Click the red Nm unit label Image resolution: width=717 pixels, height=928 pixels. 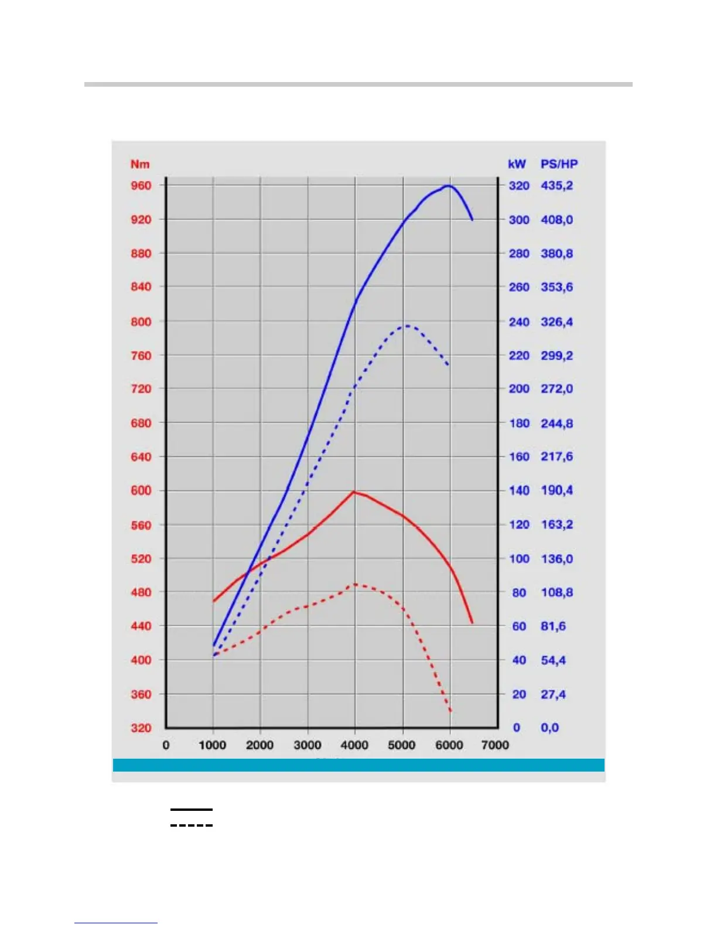coord(140,164)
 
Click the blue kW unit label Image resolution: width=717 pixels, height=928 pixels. coord(517,164)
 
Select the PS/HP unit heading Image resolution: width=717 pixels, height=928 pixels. coord(559,164)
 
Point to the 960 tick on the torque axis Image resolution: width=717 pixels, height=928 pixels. coord(141,186)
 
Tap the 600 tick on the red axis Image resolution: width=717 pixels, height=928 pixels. coord(141,490)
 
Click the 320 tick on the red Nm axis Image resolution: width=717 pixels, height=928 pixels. coord(141,728)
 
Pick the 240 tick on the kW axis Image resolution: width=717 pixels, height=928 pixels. coord(519,322)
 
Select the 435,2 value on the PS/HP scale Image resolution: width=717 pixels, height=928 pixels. coord(556,186)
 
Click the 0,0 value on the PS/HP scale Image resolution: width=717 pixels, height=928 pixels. coord(549,728)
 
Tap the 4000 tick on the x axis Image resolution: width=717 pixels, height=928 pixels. coord(354,745)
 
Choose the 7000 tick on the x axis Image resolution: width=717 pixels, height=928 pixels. coord(495,745)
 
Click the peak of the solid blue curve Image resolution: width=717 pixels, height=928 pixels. coord(448,186)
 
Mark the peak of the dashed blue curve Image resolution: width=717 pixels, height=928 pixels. coord(407,326)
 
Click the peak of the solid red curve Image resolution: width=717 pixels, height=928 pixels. coord(354,492)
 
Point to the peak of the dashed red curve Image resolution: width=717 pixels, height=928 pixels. coord(355,584)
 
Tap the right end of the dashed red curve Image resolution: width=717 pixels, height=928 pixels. coord(450,711)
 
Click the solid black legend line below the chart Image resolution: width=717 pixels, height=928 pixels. coord(192,810)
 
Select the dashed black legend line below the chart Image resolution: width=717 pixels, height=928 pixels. coord(192,825)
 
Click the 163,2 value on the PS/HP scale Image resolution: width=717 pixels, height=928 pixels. coord(556,524)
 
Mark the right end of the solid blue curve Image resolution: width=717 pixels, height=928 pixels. coord(472,220)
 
